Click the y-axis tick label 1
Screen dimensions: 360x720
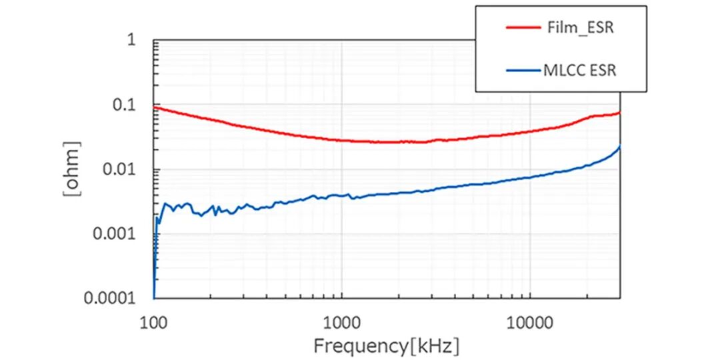pos(131,41)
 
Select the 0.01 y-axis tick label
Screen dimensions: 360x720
pos(117,169)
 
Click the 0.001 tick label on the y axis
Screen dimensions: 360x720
pos(113,233)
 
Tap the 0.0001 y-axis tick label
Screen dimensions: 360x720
pos(109,298)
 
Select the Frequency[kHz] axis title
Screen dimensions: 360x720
pos(387,346)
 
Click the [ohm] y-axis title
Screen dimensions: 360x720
pos(72,169)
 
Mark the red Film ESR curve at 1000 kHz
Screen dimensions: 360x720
pos(342,140)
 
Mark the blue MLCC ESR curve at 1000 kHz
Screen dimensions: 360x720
pos(342,195)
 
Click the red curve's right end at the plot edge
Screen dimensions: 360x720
pos(620,113)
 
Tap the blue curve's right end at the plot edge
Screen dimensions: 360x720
pos(620,147)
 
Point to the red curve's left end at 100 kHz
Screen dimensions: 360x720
pos(155,107)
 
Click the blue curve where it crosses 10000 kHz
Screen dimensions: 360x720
pos(530,177)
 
